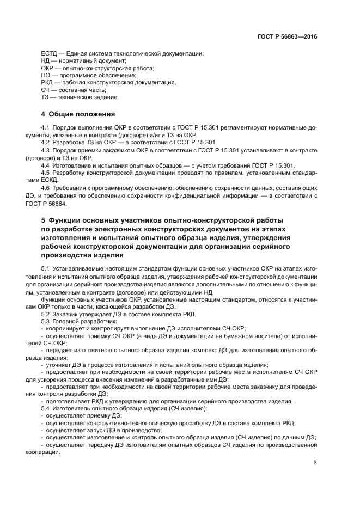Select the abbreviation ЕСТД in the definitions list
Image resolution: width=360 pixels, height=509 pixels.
coord(50,53)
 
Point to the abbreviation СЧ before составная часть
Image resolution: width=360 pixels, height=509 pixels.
coord(46,90)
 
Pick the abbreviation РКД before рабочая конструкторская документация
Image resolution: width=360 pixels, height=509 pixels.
coord(48,83)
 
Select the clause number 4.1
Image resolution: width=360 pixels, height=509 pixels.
coord(46,127)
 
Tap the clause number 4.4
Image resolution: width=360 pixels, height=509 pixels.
coord(46,165)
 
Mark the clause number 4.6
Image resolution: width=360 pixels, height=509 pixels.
coord(46,187)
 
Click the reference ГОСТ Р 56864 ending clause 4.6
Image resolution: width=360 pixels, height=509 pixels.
coord(61,203)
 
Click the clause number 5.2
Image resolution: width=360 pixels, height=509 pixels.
coord(46,314)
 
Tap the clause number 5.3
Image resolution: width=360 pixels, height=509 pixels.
coord(46,321)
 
